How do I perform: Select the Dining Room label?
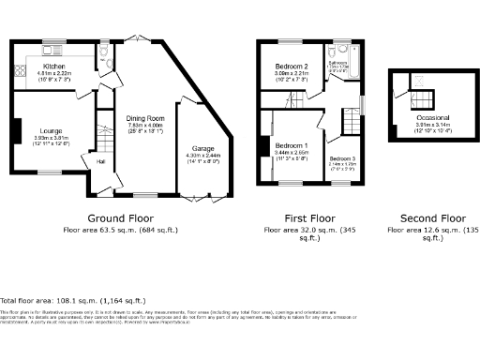[x=145, y=117]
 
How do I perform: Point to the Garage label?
[x=203, y=149]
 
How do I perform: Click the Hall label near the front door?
[x=101, y=162]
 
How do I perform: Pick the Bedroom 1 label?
[x=292, y=146]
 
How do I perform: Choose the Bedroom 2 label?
[x=292, y=67]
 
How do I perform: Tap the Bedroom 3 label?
[x=342, y=160]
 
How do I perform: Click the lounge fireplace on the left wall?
[x=16, y=130]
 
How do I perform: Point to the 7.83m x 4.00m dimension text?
[x=145, y=125]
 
